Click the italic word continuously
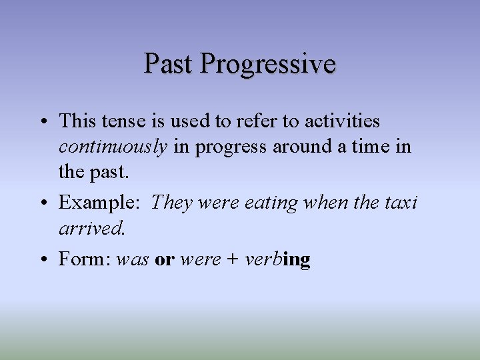(x=113, y=147)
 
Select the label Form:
(x=85, y=259)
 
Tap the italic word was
(x=132, y=259)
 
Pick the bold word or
(x=164, y=259)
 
